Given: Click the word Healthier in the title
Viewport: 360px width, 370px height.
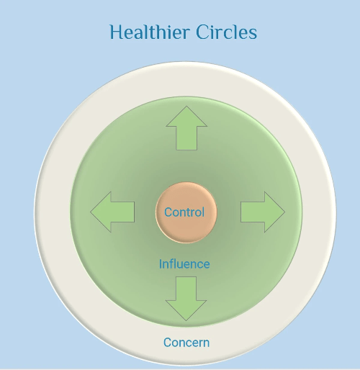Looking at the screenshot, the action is [x=150, y=32].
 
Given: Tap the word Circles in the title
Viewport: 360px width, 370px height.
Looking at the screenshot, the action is [x=227, y=32].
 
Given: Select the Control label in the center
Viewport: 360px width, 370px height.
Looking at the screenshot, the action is [x=184, y=212].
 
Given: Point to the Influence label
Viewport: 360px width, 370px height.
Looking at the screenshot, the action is [x=184, y=264].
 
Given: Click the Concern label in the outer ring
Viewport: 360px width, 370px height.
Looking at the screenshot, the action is [x=186, y=343].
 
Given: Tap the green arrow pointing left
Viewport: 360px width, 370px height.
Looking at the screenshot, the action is [x=112, y=212].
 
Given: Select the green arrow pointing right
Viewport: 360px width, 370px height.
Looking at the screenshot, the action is [x=263, y=212].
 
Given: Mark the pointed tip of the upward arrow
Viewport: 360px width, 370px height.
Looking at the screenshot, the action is [x=186, y=106].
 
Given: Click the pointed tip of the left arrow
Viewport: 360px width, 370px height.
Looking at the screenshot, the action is [x=90, y=212].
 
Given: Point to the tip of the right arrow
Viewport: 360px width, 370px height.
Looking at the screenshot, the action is [x=285, y=212].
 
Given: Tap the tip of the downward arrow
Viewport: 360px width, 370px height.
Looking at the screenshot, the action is [x=186, y=321].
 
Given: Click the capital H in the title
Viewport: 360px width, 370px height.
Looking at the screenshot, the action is [x=117, y=32].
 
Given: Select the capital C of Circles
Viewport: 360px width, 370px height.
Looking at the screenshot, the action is [x=202, y=32].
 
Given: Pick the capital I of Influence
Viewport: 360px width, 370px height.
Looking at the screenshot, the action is [x=161, y=264].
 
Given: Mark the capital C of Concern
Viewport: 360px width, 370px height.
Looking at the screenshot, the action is [x=167, y=343].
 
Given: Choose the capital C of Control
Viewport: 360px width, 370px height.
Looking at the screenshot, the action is [x=168, y=212].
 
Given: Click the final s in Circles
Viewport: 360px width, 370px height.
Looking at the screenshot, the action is [x=253, y=34].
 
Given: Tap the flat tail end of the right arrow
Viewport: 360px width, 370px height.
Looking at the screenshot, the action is [x=240, y=212].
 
